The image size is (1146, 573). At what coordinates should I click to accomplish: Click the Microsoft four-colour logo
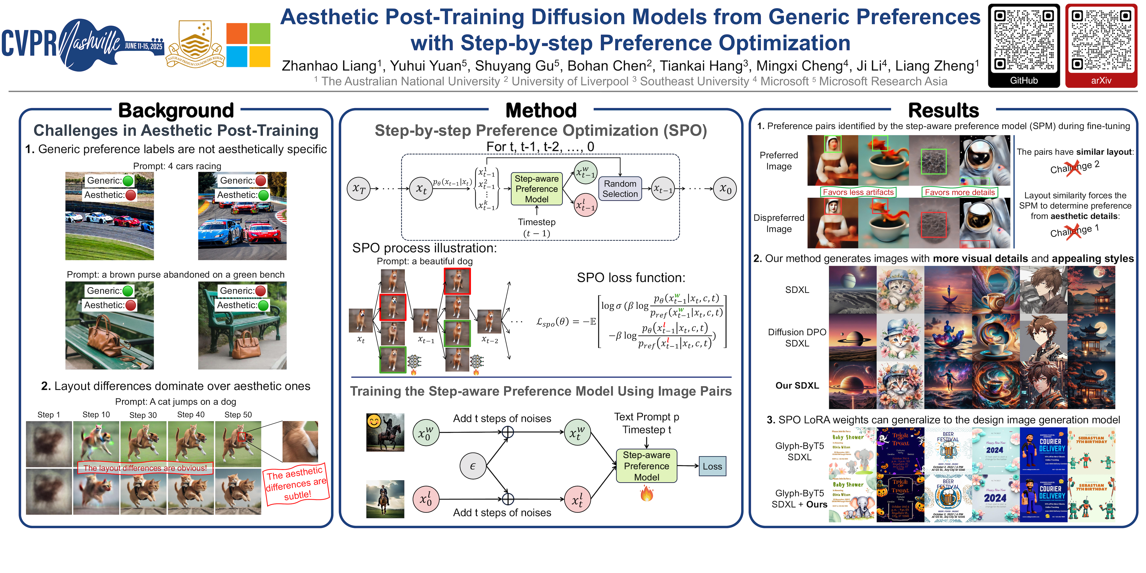pos(248,45)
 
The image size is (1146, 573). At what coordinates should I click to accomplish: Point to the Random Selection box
pos(620,189)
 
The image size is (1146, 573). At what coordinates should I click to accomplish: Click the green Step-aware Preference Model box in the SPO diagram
pos(537,189)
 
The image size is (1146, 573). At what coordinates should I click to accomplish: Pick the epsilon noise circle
pos(473,466)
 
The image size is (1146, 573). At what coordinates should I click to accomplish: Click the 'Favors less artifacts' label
pos(858,192)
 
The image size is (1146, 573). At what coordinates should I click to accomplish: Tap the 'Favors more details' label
pos(960,192)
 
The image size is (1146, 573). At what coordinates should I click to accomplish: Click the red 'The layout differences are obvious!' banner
pos(145,468)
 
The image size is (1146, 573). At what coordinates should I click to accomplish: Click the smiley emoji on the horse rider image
pos(374,421)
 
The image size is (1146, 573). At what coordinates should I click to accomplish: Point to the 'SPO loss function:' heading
pos(631,278)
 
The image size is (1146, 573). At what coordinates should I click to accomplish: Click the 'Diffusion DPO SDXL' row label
pos(797,338)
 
